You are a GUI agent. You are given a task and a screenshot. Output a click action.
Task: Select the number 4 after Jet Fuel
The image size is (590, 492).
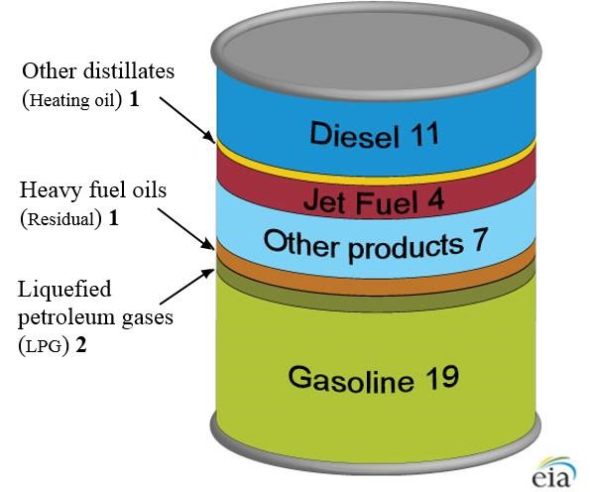pos(435,200)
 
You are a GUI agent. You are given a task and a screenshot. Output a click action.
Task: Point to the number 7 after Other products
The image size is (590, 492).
pos(479,239)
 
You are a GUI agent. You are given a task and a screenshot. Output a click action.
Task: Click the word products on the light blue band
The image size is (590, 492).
pos(406,247)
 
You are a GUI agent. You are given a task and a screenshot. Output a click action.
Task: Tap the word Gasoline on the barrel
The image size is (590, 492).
pos(351,379)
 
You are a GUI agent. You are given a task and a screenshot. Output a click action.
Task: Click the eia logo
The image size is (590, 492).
pos(553,472)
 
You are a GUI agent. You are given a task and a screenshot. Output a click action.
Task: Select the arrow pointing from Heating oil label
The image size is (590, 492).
pos(187,119)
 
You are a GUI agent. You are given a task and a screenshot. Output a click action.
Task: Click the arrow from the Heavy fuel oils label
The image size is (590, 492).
pos(185,229)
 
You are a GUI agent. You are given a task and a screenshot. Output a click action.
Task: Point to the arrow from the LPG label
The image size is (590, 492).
pos(186,286)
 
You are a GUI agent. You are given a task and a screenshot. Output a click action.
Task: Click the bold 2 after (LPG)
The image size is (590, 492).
pos(81,345)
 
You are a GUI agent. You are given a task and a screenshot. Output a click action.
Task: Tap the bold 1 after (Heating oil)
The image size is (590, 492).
pos(134,99)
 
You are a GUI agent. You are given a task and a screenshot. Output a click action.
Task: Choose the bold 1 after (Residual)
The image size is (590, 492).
pos(113,218)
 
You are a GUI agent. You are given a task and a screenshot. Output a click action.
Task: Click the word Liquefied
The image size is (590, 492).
pos(64,291)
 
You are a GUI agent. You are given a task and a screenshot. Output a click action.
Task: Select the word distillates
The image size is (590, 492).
pos(129,70)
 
